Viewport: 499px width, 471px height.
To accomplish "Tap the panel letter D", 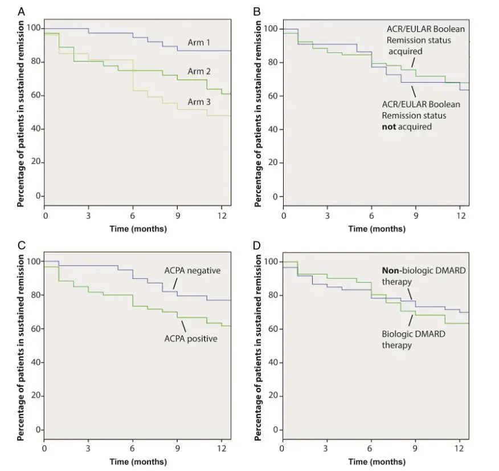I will pos(257,246).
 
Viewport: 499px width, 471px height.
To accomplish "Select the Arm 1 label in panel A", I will pos(200,42).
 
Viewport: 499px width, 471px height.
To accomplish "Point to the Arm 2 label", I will pos(200,71).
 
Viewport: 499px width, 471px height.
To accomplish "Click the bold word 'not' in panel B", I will pos(391,127).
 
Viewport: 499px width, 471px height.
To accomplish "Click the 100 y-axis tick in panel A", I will pos(34,28).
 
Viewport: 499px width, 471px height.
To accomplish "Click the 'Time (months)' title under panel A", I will pos(138,229).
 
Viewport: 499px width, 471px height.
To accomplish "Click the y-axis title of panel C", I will pos(21,348).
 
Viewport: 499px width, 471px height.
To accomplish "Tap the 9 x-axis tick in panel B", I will pos(415,217).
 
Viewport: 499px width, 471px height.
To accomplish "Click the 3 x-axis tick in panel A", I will pos(89,217).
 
